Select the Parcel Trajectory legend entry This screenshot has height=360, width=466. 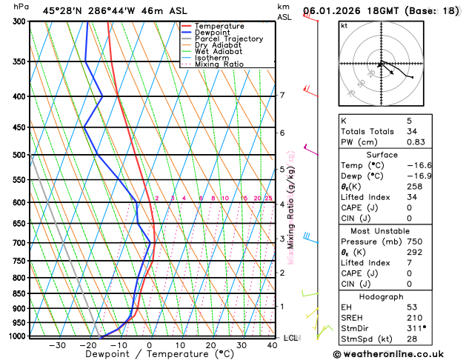227,39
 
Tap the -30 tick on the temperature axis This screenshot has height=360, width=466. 56,345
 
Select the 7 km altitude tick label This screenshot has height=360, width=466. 282,96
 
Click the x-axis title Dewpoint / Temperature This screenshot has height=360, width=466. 149,354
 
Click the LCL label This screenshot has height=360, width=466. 290,338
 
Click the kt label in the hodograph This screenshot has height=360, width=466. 344,25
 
